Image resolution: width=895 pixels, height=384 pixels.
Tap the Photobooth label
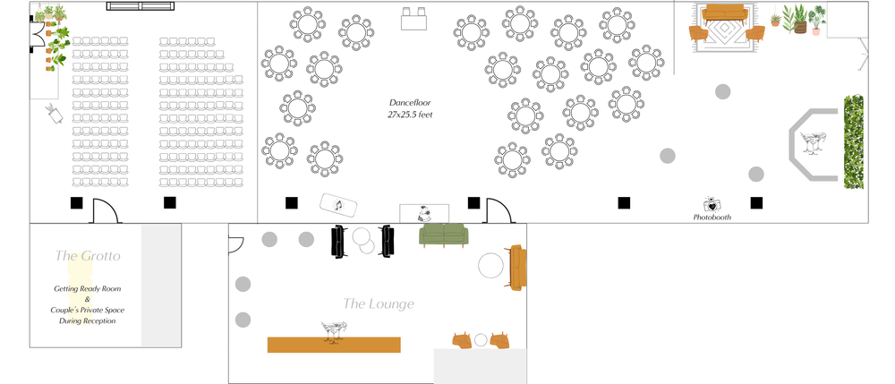(x=712, y=218)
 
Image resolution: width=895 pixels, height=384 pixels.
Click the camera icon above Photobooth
(x=712, y=204)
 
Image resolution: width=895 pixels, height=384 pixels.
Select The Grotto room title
(x=88, y=256)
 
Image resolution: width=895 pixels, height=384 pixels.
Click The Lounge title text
(x=379, y=304)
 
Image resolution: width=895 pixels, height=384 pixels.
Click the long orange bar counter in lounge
(x=334, y=345)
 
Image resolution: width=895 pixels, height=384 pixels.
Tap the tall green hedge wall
(x=854, y=143)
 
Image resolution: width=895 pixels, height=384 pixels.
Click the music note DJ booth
(x=339, y=206)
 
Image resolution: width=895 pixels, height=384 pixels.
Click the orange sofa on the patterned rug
(x=726, y=13)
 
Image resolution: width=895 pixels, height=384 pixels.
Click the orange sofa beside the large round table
(x=516, y=267)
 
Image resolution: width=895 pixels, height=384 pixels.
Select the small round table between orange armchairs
(x=481, y=340)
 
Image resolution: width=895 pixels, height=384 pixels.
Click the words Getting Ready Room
(x=87, y=289)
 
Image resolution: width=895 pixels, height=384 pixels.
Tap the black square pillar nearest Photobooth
(x=756, y=202)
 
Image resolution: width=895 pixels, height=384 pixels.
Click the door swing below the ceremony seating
(x=106, y=211)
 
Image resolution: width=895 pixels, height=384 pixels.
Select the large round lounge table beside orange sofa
(x=491, y=266)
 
